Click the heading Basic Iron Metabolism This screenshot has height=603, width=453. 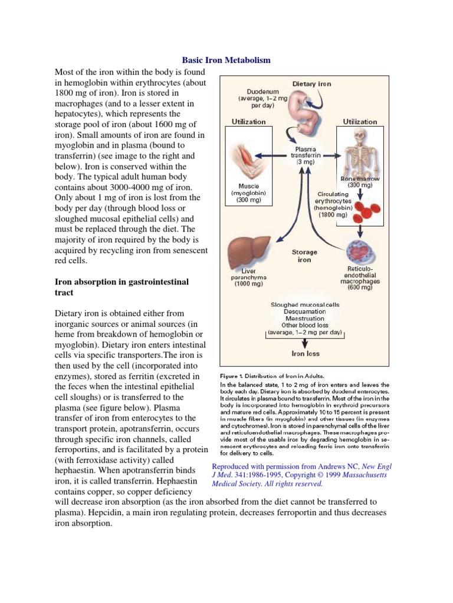click(x=226, y=61)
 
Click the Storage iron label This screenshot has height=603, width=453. click(x=304, y=256)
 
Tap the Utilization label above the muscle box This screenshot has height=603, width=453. click(x=248, y=121)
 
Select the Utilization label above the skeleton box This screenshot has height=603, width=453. click(x=360, y=121)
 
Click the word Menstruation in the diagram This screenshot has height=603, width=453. click(x=304, y=318)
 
